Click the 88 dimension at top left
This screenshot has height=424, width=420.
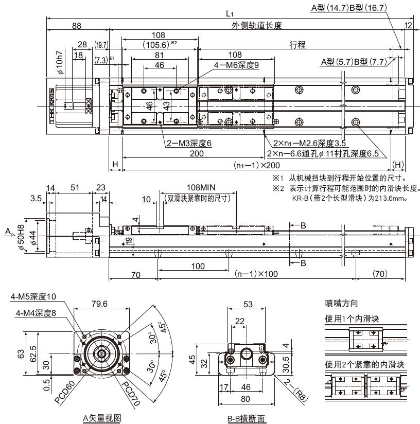[x=77, y=25]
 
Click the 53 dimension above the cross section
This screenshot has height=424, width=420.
[x=248, y=305]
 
